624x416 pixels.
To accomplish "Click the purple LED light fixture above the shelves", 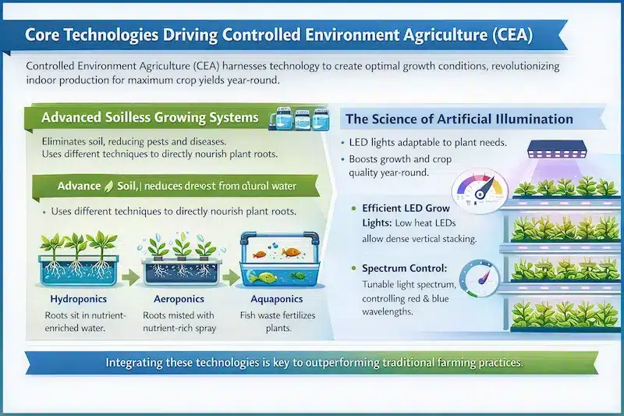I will coord(558,151).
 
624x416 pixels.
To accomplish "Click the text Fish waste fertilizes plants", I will coord(275,322).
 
